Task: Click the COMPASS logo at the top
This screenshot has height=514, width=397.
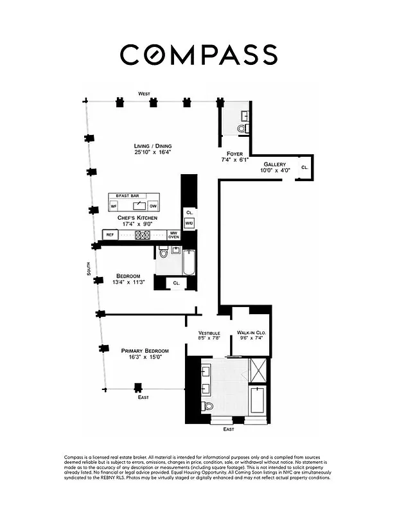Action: pos(198,54)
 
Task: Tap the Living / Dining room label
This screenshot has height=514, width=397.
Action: pos(153,146)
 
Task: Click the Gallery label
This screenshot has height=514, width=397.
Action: pos(274,164)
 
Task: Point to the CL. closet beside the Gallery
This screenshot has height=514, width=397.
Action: pos(304,167)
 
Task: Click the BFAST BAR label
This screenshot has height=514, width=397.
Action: pos(127,195)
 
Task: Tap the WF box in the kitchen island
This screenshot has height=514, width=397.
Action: pos(114,206)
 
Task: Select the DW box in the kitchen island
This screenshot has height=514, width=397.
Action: pos(153,206)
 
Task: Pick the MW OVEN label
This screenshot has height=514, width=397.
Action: pos(173,235)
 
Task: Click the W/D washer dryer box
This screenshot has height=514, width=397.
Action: pos(189,223)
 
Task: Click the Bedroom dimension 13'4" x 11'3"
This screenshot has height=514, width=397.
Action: pos(128,282)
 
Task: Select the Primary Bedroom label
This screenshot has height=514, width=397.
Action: pos(145,351)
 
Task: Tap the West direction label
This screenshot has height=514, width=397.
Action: pos(144,94)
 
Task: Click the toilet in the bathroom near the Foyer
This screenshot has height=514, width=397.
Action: pos(242,128)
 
